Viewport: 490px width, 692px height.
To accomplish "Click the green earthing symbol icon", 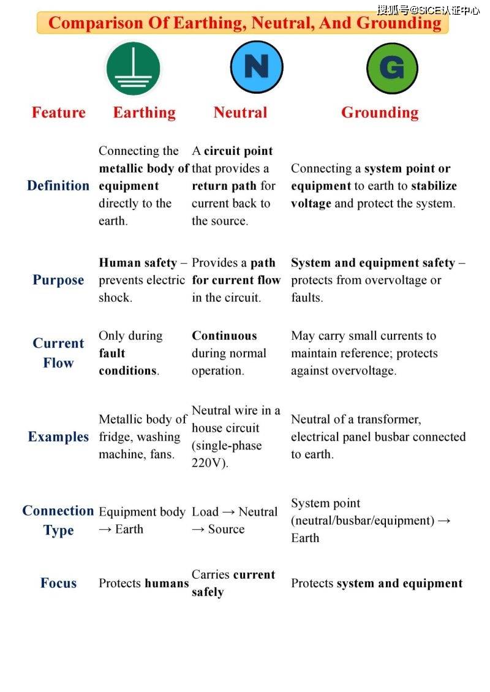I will click(133, 68).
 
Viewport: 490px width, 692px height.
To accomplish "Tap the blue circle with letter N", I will click(257, 67).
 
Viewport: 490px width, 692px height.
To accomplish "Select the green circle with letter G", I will click(392, 68).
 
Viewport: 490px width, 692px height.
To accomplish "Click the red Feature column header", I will click(59, 113).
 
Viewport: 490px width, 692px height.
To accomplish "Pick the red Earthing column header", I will click(144, 113).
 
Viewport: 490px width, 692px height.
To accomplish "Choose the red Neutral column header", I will click(240, 113).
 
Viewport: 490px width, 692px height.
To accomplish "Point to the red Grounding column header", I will click(380, 113).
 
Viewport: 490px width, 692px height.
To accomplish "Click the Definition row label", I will click(58, 186).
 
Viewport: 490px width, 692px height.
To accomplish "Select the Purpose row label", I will click(58, 280).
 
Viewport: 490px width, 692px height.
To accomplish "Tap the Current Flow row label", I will click(58, 353).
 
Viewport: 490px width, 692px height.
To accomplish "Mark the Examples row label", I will click(58, 437).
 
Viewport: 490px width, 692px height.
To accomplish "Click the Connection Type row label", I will click(58, 520).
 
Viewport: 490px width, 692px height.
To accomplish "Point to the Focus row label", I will click(58, 583).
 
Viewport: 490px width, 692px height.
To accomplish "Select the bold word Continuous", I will click(224, 336).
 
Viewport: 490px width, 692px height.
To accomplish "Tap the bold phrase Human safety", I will click(138, 263).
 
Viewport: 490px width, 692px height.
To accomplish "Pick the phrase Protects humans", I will click(143, 583).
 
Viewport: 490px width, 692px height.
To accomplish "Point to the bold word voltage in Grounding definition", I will click(311, 203).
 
